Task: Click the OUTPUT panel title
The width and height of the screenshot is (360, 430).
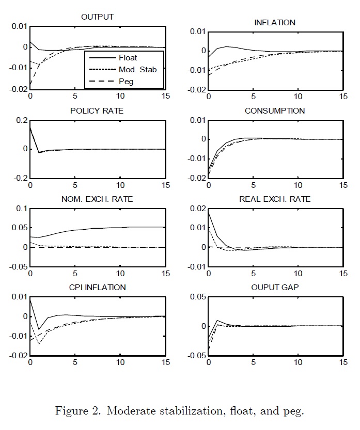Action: (x=97, y=17)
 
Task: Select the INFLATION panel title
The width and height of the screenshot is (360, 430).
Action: (x=275, y=23)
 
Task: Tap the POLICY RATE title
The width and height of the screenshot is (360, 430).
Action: (x=97, y=111)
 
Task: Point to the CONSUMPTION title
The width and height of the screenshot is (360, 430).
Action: (x=275, y=111)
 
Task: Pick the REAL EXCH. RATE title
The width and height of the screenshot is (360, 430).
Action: (x=275, y=199)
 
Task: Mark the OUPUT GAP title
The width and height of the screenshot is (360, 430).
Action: (x=275, y=288)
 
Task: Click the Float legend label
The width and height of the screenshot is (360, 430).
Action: (x=127, y=58)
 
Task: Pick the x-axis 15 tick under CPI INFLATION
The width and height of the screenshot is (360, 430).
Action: (x=164, y=363)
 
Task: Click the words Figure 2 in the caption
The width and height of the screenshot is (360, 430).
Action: (x=76, y=411)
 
